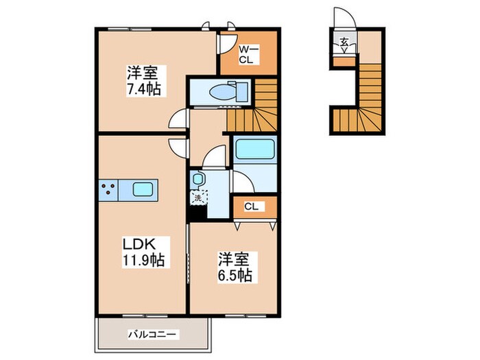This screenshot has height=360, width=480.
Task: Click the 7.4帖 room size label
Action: tap(143, 89)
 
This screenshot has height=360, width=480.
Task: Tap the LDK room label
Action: tap(142, 245)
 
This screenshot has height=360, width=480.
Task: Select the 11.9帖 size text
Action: tap(143, 261)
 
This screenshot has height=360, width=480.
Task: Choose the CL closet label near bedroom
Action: tap(252, 205)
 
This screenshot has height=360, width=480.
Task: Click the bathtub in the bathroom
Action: tap(254, 149)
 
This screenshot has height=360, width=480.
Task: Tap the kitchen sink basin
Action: tap(145, 190)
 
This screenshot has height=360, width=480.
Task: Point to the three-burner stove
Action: tap(108, 190)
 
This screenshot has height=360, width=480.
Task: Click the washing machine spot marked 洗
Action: tap(197, 198)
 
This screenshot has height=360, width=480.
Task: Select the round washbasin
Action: tap(197, 178)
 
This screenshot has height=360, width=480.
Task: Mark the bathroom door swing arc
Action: tap(242, 181)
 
